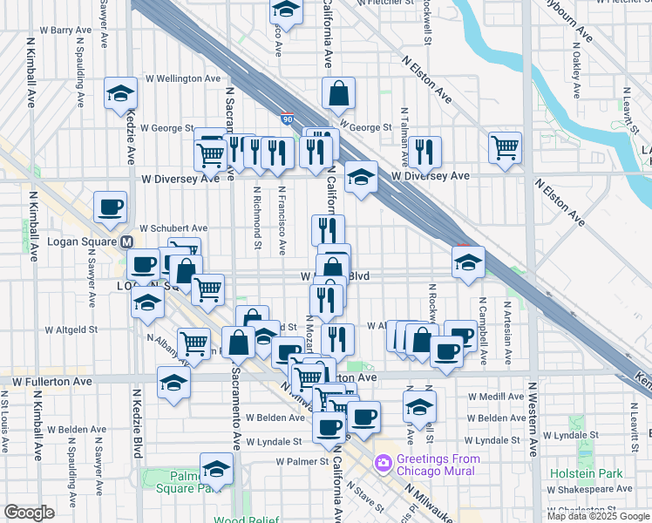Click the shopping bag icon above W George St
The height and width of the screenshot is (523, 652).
point(337,95)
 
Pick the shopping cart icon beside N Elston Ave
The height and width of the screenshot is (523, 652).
point(505,147)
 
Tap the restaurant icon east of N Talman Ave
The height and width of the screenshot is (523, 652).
point(424,153)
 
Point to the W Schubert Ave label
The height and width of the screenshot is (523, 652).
point(173,227)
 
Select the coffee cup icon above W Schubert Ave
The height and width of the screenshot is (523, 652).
point(110,208)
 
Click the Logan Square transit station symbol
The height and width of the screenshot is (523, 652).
point(126,241)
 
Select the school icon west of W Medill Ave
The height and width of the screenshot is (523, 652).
point(419,407)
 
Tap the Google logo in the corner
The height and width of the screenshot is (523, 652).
point(29,513)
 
